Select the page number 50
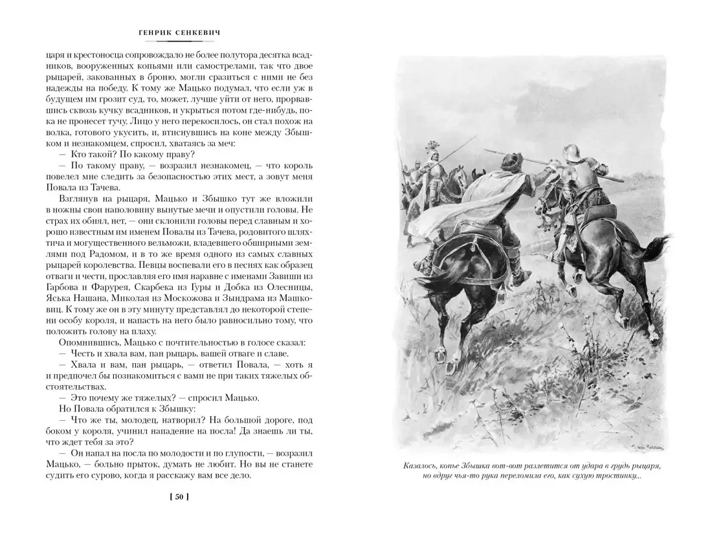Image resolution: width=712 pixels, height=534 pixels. click(177, 497)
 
